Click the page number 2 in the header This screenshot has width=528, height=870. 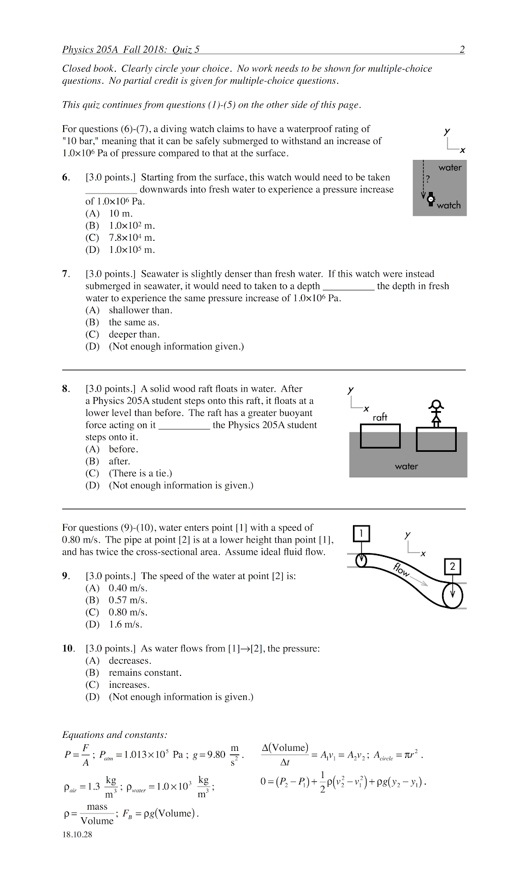462,49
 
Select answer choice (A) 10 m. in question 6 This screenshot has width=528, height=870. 120,214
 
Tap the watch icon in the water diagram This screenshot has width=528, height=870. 431,199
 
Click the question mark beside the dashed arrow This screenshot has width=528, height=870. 428,179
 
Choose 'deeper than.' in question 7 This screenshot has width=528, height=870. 134,334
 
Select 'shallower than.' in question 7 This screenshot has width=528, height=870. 140,310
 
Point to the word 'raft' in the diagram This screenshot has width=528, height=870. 380,417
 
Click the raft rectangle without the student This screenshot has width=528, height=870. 380,436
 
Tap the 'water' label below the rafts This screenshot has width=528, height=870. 406,466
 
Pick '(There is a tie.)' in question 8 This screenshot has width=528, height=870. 140,473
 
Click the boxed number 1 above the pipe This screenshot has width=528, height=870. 361,533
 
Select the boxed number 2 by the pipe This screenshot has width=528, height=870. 452,567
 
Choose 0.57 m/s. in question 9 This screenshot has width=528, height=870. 128,600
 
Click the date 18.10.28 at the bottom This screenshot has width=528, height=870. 77,834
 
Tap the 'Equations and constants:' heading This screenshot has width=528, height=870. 115,735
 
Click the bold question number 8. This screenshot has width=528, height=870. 65,389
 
